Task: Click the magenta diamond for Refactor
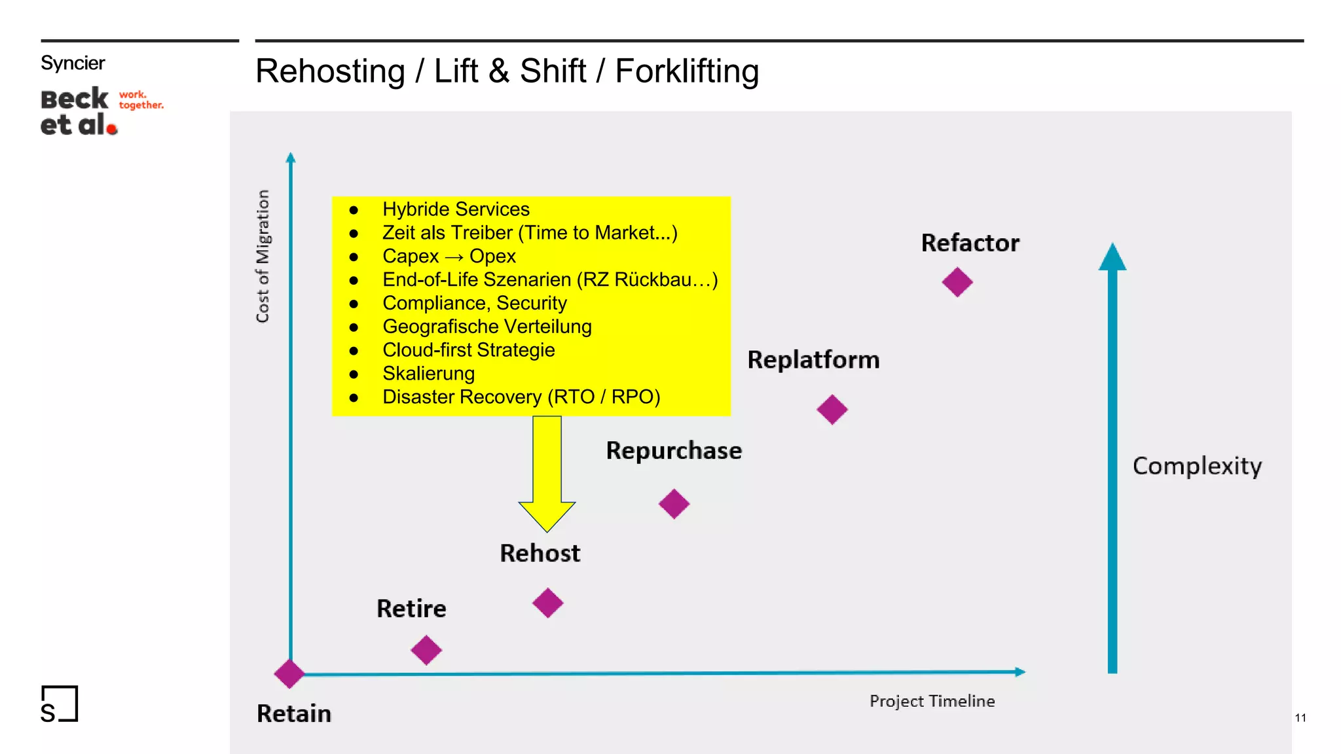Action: pyautogui.click(x=957, y=282)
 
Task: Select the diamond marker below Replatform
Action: pyautogui.click(x=832, y=410)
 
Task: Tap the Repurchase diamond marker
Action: pyautogui.click(x=674, y=504)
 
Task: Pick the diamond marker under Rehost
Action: pyautogui.click(x=547, y=603)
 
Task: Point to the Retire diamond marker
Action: pyautogui.click(x=426, y=650)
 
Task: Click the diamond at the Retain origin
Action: pyautogui.click(x=289, y=673)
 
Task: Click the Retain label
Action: pyautogui.click(x=294, y=713)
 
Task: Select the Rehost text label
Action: pyautogui.click(x=540, y=554)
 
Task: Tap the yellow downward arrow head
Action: pyautogui.click(x=547, y=515)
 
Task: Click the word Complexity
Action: pyautogui.click(x=1197, y=466)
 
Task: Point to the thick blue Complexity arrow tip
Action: pyautogui.click(x=1112, y=257)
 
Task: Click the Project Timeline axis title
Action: pyautogui.click(x=932, y=701)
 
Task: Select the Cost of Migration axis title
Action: pyautogui.click(x=263, y=256)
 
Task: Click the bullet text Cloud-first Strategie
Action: pyautogui.click(x=468, y=350)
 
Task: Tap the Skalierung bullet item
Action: pyautogui.click(x=428, y=374)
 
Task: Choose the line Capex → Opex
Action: pyautogui.click(x=449, y=257)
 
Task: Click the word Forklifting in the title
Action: pyautogui.click(x=686, y=71)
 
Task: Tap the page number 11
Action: pyautogui.click(x=1300, y=718)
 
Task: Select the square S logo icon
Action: pyautogui.click(x=59, y=704)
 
